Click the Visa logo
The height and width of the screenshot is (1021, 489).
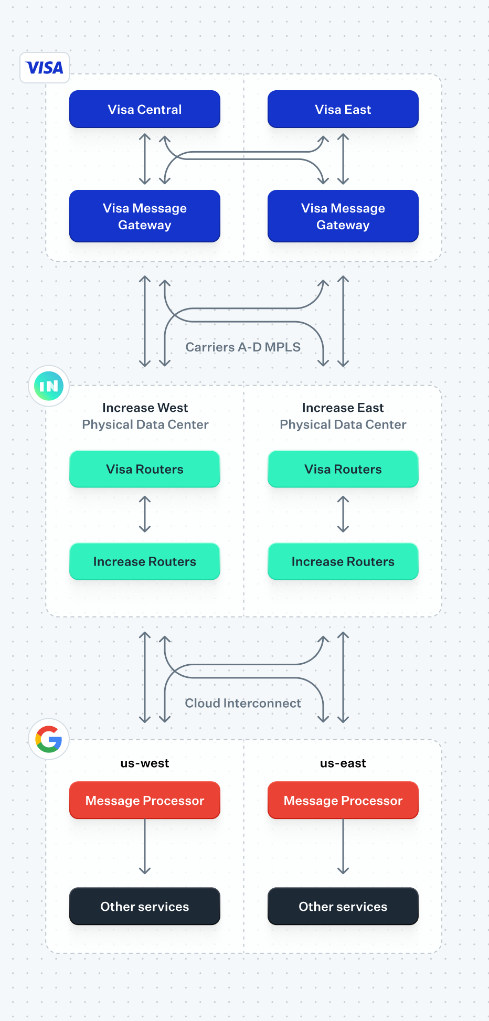[45, 68]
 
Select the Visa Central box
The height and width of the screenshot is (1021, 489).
[145, 109]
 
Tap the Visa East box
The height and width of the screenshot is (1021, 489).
[343, 109]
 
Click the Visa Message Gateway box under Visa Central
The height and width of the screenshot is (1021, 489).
[145, 216]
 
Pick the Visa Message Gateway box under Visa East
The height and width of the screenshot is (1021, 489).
[343, 216]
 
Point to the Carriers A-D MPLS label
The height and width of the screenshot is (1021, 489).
[243, 347]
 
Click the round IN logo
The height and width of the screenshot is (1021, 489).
[49, 386]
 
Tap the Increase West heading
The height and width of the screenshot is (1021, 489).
[145, 408]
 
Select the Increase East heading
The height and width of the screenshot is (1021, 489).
[343, 408]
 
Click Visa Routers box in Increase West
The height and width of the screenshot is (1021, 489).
[145, 469]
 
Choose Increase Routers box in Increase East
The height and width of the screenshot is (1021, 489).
[343, 561]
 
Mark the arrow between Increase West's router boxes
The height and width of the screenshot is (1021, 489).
[145, 515]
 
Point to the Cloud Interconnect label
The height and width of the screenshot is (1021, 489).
[243, 703]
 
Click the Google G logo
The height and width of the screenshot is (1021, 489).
[49, 739]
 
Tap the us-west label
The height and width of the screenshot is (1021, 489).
[145, 763]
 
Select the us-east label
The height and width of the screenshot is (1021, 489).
[343, 763]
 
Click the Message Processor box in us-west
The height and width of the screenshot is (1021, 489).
[145, 801]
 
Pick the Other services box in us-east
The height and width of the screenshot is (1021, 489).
[343, 907]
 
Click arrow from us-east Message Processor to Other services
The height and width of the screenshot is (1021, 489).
[343, 846]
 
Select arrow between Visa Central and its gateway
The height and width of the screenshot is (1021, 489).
[145, 159]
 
